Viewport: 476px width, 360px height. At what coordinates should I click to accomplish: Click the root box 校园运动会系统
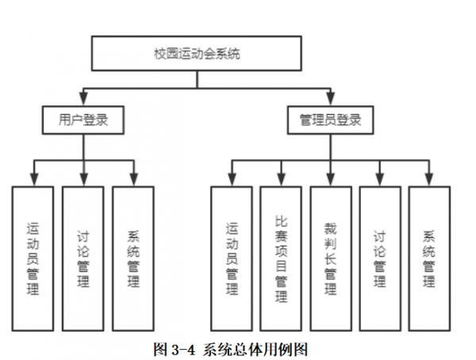pos(197,55)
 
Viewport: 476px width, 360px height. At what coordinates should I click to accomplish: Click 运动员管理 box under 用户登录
pos(33,258)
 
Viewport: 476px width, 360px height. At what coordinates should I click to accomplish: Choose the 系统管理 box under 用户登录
pos(132,258)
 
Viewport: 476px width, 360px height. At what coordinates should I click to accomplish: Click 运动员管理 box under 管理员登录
pos(231,258)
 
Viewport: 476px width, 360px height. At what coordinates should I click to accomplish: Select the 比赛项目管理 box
pos(281,258)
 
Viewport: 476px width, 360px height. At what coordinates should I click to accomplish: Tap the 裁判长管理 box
pos(330,258)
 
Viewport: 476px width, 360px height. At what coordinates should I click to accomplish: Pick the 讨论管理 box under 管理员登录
pos(379,258)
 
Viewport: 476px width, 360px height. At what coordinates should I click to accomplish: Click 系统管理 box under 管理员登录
pos(429,258)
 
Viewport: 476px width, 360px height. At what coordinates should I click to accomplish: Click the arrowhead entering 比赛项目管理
pos(281,180)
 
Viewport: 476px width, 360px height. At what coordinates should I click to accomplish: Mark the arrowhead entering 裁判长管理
pos(330,180)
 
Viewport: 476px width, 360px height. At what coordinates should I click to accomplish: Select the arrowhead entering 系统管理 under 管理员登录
pos(429,180)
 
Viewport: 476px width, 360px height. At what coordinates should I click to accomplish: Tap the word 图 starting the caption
pos(158,347)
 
